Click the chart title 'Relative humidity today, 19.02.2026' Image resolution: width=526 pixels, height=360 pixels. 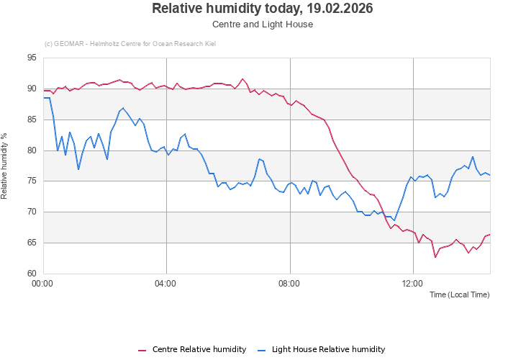(263, 9)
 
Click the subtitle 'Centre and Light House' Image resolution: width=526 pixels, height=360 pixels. (263, 24)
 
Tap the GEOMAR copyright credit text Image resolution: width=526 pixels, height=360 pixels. (130, 44)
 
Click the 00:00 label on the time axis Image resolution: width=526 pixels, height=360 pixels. (43, 284)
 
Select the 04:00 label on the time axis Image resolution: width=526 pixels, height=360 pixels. (166, 284)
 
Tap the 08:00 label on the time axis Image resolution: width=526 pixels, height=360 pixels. (290, 284)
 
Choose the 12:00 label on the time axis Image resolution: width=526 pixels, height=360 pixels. (413, 284)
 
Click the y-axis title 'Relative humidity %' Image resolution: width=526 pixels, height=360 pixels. (5, 166)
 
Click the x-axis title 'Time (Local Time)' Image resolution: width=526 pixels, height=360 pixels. (460, 295)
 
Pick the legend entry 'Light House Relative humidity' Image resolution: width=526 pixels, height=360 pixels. (328, 350)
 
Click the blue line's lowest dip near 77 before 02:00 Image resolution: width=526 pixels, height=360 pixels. (78, 169)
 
